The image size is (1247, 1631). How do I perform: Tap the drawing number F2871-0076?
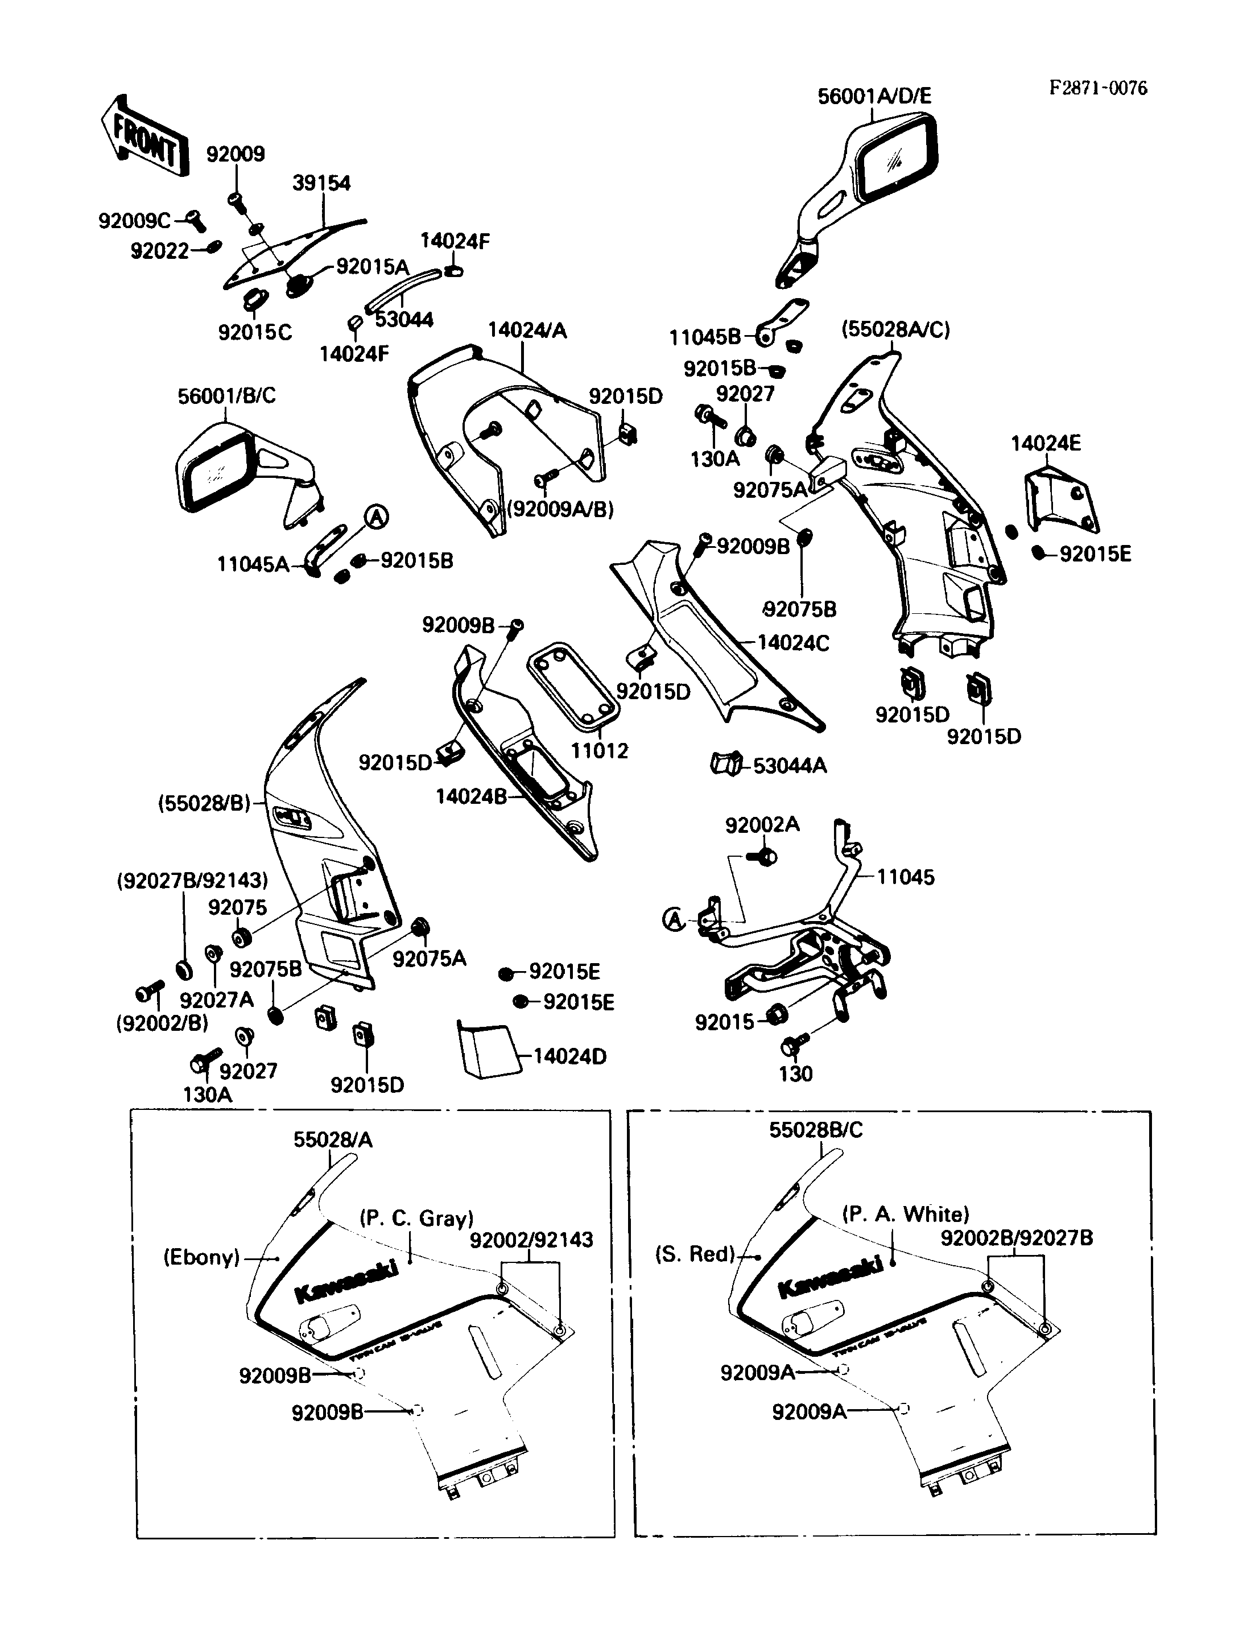1098,88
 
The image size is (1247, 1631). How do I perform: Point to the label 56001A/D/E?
874,97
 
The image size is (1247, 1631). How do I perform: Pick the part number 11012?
599,750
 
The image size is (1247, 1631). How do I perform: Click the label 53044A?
790,765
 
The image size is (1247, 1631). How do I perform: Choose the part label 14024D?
570,1056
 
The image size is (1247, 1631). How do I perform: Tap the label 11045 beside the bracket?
906,877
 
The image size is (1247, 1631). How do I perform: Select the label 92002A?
762,825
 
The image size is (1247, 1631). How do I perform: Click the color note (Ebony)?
202,1257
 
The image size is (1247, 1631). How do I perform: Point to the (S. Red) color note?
695,1254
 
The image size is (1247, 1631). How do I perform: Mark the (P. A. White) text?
906,1214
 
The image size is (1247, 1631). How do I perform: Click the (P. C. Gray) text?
416,1218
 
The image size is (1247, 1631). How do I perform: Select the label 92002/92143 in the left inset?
531,1240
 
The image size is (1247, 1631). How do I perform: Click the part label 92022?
160,251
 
